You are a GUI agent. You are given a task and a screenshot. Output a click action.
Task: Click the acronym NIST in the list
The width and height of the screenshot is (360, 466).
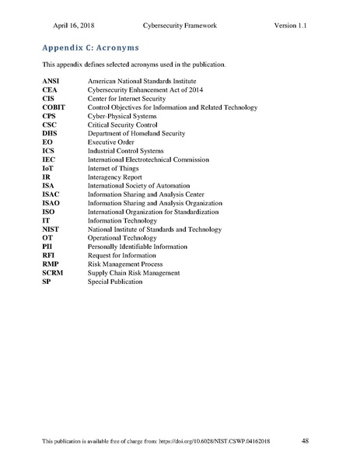[x=51, y=229]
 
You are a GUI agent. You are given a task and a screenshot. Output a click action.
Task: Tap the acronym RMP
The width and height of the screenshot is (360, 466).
[x=51, y=264]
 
